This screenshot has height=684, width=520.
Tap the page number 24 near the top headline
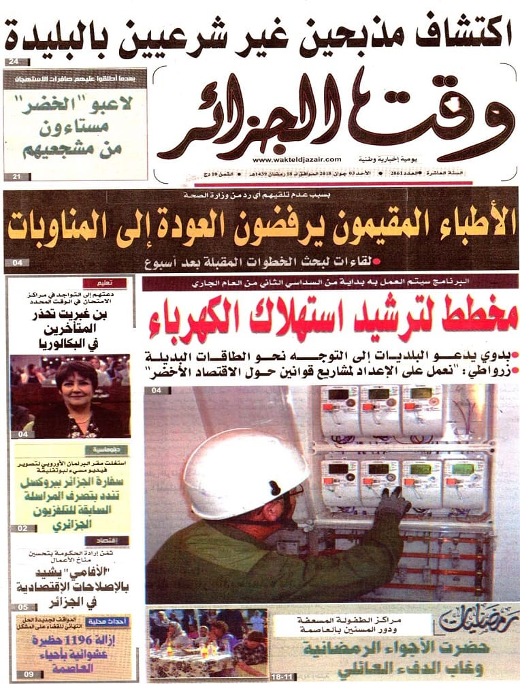tap(14, 63)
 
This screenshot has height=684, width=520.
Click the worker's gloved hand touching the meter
tap(393, 502)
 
